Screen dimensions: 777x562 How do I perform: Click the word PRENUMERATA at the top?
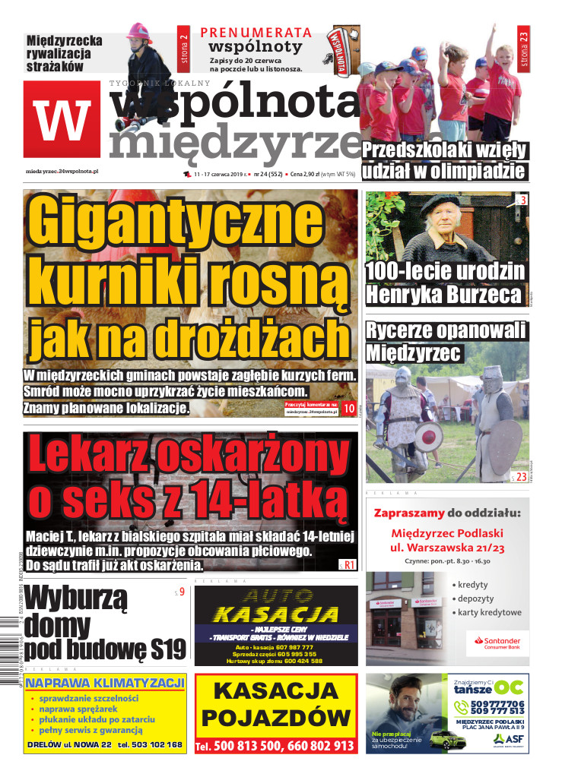tap(256, 32)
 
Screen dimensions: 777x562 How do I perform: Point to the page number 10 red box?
tap(349, 409)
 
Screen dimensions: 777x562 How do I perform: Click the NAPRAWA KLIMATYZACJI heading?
tap(105, 682)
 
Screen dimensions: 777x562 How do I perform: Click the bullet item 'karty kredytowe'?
tap(490, 612)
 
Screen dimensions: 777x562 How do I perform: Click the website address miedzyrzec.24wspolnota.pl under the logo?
tap(68, 172)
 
